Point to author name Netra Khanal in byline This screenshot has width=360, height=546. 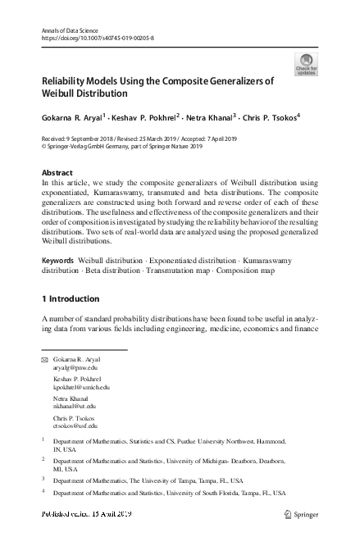(208, 117)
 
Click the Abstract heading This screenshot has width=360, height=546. (57, 173)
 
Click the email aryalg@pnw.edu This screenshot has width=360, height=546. (75, 369)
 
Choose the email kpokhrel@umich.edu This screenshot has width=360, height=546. (81, 387)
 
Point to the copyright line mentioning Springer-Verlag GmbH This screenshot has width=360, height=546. (121, 146)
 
